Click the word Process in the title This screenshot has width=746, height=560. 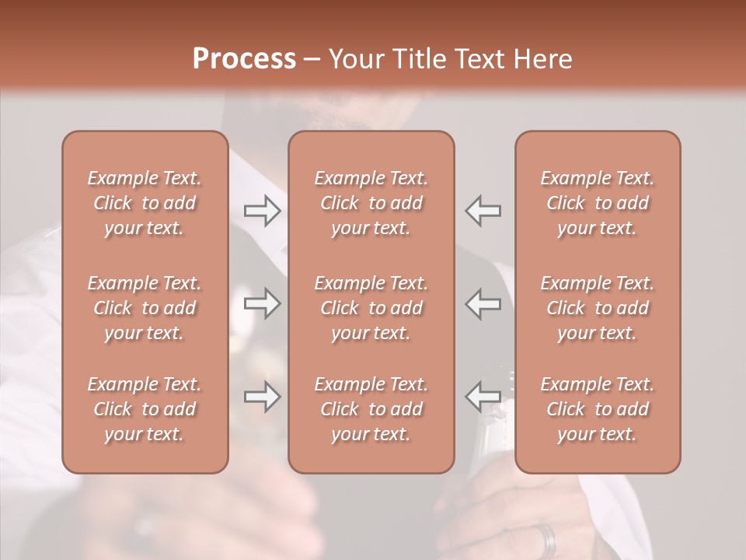tap(244, 59)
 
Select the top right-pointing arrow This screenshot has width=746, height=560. tap(262, 211)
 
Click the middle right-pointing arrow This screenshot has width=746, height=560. tap(262, 303)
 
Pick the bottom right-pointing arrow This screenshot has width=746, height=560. tap(262, 397)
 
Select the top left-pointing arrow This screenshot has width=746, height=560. tap(483, 211)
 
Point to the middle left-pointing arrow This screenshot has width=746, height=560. tap(483, 303)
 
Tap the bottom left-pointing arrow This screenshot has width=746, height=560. tap(483, 397)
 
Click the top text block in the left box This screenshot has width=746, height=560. tap(145, 203)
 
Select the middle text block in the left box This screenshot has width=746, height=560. tap(145, 308)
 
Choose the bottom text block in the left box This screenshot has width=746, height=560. tap(145, 409)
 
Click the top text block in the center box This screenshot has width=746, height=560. tap(371, 203)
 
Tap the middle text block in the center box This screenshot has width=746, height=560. tap(371, 308)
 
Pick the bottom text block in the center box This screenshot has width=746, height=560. tap(371, 409)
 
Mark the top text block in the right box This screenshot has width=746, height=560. tap(598, 203)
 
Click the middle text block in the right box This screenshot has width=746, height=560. tap(598, 308)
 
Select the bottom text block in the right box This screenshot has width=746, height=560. tap(598, 409)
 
